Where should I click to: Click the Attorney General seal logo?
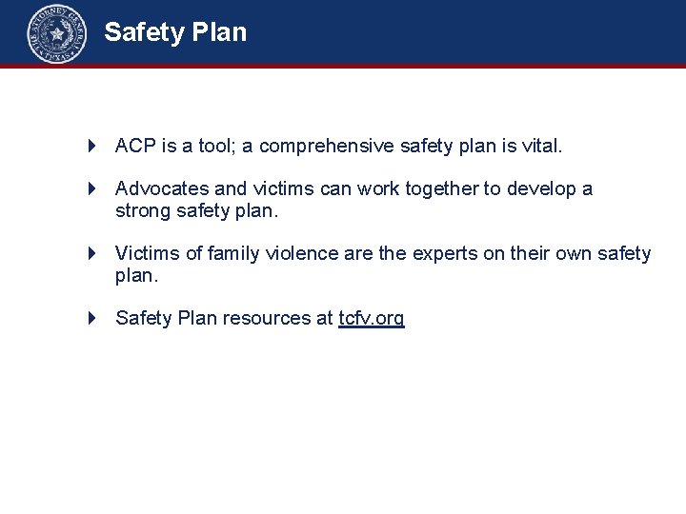click(56, 33)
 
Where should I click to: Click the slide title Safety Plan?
click(175, 32)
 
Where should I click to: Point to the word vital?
click(542, 147)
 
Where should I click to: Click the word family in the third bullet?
click(233, 253)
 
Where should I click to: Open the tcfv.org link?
click(372, 318)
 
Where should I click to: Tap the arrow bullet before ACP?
click(92, 147)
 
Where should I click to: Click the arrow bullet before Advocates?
click(92, 188)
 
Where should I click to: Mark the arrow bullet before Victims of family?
click(92, 253)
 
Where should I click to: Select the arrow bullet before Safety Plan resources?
click(92, 318)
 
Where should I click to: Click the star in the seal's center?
click(56, 34)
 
